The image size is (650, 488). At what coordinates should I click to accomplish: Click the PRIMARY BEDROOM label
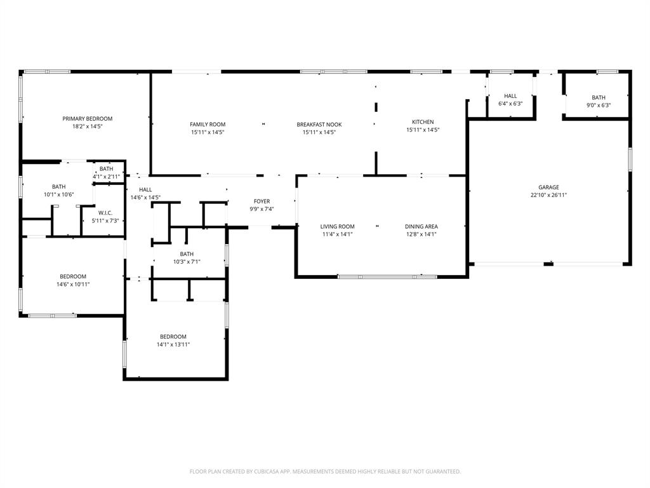click(x=87, y=119)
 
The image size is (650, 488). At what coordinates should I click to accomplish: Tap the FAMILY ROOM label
click(x=208, y=125)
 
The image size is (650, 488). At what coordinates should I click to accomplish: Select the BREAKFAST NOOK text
click(x=319, y=125)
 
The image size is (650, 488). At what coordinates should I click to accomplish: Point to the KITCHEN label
click(x=423, y=122)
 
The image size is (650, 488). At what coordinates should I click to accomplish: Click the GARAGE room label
click(x=549, y=187)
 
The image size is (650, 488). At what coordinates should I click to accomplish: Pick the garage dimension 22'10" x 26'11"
click(x=549, y=195)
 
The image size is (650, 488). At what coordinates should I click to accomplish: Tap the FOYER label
click(x=262, y=201)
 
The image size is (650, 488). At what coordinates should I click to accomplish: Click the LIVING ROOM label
click(x=337, y=227)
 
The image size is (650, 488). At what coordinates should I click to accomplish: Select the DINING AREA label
click(x=421, y=227)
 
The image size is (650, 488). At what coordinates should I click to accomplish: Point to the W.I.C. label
click(x=105, y=213)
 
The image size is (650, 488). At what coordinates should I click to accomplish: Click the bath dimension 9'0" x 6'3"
click(x=599, y=105)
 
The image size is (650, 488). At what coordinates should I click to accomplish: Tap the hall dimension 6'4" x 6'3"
click(x=510, y=104)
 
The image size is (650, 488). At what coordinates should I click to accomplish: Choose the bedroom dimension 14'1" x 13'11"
click(x=173, y=344)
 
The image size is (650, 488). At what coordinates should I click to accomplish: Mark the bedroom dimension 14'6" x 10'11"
click(x=73, y=284)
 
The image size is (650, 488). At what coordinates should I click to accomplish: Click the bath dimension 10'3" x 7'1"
click(x=187, y=261)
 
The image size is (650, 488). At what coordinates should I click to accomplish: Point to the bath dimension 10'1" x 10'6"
click(x=58, y=194)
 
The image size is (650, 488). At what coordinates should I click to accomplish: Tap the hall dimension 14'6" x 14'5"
click(x=145, y=197)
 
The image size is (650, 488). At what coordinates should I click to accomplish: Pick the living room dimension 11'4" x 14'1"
click(x=337, y=234)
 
